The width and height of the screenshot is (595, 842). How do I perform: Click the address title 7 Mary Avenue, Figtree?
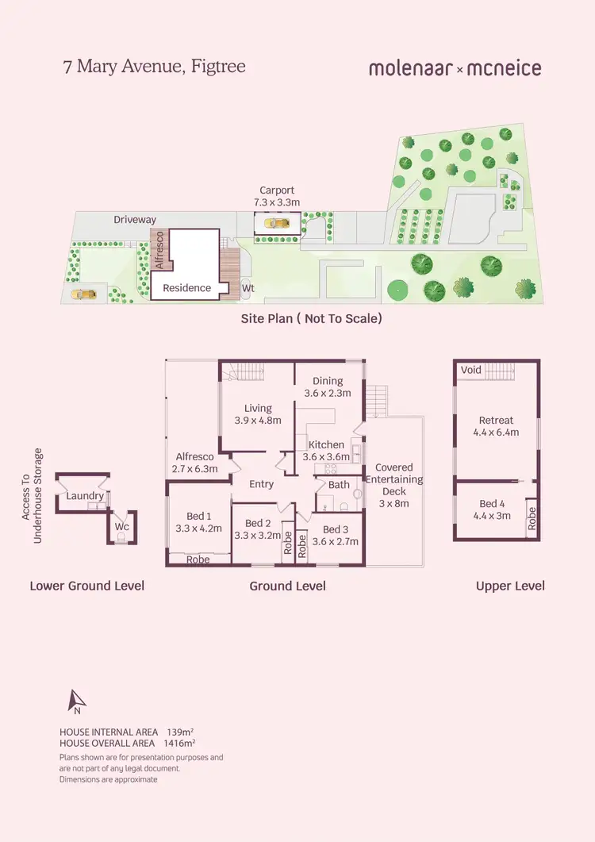coord(154,67)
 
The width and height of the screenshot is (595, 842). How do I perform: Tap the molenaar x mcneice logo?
coord(455,68)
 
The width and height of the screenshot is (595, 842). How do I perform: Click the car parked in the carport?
coord(277,223)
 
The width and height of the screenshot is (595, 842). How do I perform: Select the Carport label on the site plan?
coord(277,190)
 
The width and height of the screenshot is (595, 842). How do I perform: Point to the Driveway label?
coord(135,219)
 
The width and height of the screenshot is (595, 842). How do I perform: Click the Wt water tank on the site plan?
coord(248,288)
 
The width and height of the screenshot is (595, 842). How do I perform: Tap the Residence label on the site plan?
coord(187,288)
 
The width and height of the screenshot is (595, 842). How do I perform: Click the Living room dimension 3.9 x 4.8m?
coord(258,421)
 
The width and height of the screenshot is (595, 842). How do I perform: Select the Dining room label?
coord(328,381)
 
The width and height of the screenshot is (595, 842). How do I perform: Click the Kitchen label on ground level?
coord(326,444)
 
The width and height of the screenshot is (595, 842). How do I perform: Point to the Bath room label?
coord(339,485)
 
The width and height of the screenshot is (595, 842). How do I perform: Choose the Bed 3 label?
coord(335,529)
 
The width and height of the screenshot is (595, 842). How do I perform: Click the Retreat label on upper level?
coord(496,421)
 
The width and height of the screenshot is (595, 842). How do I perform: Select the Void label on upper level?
coord(471,371)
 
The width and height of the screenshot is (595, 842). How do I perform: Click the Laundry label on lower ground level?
coord(86,496)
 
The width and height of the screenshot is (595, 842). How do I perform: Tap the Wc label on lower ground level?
coord(121,525)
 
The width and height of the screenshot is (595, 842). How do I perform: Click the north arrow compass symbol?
coord(77,702)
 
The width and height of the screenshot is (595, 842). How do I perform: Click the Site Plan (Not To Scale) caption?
coord(312,318)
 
